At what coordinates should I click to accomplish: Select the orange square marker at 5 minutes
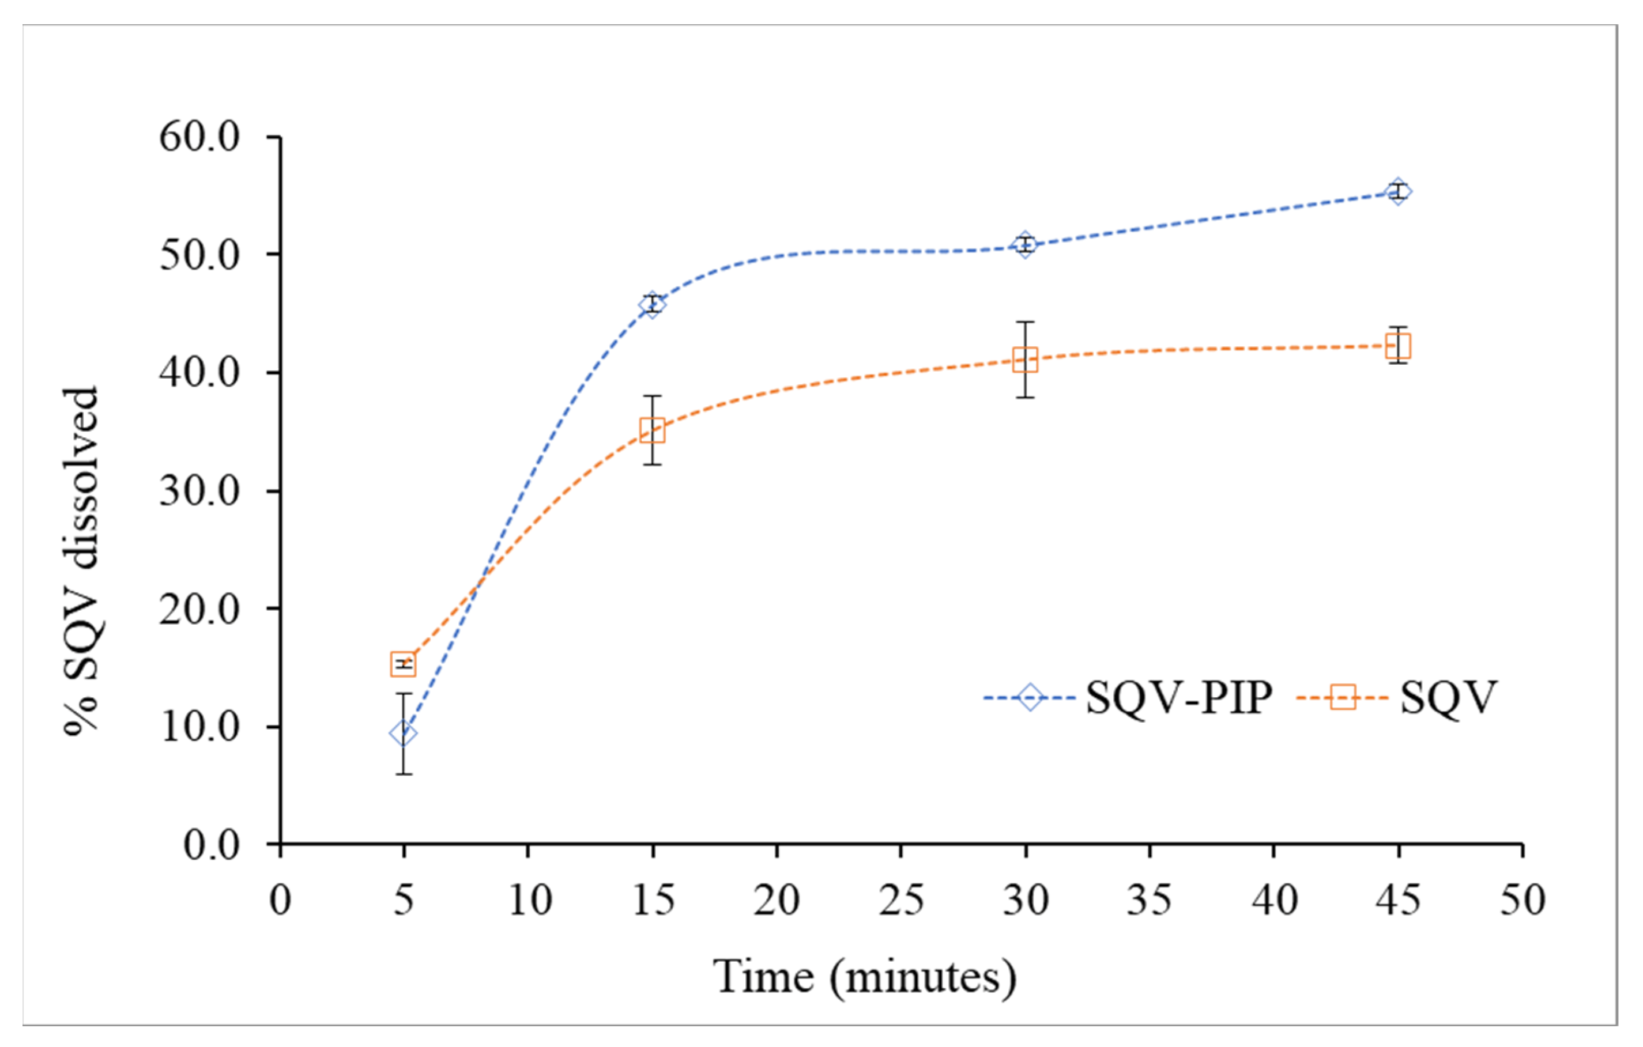point(403,664)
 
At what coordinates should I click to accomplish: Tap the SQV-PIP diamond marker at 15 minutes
point(652,304)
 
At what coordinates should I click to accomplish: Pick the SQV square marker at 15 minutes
point(652,430)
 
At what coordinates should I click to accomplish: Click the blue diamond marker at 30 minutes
point(1025,244)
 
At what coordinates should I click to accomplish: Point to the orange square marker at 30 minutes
point(1025,360)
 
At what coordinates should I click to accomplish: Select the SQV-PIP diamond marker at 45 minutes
point(1398,192)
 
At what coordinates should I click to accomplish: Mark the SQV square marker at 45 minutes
point(1398,346)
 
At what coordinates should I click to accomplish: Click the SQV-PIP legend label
point(1179,698)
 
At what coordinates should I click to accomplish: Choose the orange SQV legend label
point(1448,698)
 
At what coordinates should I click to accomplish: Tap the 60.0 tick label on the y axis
point(200,137)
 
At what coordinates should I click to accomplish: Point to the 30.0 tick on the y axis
point(200,491)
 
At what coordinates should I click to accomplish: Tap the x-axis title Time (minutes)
point(865,977)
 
